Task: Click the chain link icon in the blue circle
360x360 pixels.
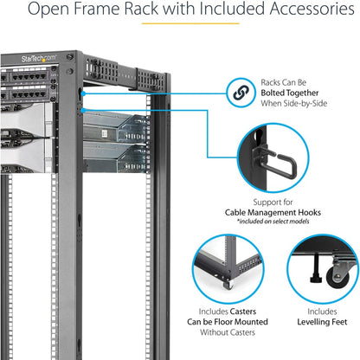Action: (238, 90)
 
